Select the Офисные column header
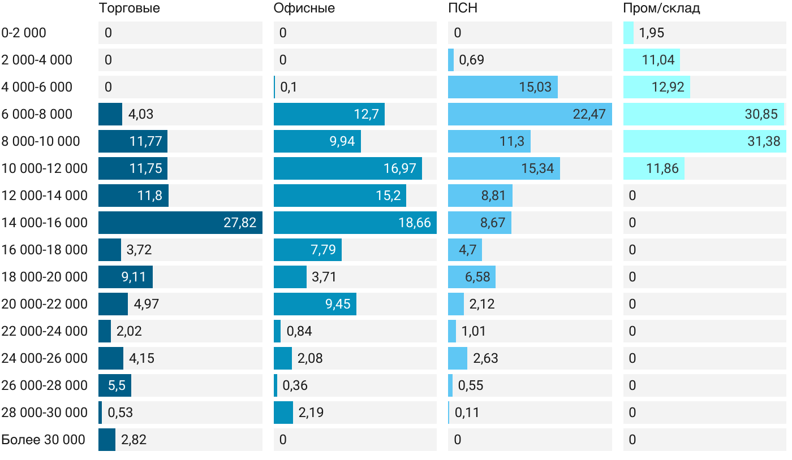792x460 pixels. pos(304,8)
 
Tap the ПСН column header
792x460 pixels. pos(459,8)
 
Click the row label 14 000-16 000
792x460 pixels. pos(45,223)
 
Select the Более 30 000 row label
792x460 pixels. pos(43,440)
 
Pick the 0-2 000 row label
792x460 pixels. pos(24,33)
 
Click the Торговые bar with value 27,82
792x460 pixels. pos(180,223)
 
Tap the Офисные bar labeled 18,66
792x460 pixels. pos(355,223)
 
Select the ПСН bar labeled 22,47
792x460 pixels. pos(530,114)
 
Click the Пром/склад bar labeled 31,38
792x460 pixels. pos(704,141)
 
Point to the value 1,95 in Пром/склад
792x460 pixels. pos(651,33)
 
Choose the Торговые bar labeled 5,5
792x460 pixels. pos(115,385)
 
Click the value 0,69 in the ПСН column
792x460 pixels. pos(471,60)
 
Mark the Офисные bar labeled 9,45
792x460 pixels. pos(315,304)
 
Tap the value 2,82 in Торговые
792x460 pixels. pos(134,440)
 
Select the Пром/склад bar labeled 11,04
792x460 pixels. pos(651,60)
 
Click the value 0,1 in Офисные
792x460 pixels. pos(289,87)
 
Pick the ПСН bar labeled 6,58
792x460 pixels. pos(471,277)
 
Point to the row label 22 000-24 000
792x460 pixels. pos(45,331)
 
